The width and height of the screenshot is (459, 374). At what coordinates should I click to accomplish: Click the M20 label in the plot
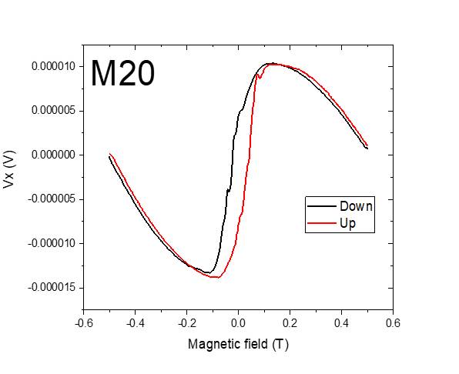coord(122,75)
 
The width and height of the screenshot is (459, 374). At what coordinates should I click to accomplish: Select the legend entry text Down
coord(356,206)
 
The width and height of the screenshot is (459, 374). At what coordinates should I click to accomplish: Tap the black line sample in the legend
coord(321,206)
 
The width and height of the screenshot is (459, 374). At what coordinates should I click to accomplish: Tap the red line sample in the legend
coord(321,224)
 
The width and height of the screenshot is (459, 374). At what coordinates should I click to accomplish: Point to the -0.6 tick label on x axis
coord(83,324)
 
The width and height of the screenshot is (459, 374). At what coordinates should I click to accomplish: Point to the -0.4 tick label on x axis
coord(135,324)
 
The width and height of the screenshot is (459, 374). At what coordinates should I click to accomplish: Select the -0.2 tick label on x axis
coord(186,324)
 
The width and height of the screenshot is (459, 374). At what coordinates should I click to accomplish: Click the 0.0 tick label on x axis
coord(239,324)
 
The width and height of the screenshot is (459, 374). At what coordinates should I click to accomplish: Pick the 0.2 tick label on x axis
coord(290,324)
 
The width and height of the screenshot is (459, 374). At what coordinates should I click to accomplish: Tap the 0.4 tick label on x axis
coord(342,324)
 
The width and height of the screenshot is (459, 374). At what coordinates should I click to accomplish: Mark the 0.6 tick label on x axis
coord(394,324)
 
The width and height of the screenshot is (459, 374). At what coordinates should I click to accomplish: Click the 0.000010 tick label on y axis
coord(53,66)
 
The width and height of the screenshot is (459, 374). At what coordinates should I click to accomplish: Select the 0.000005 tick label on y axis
coord(53,110)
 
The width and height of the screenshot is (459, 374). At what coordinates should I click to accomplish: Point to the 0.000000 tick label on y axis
coord(53,155)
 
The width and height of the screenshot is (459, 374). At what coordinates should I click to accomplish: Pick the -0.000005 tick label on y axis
coord(52,199)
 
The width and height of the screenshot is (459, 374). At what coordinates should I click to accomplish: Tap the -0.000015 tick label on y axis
coord(52,288)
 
